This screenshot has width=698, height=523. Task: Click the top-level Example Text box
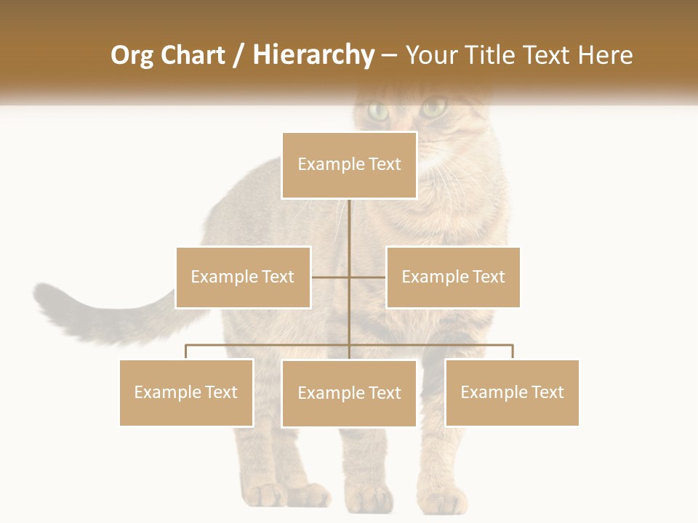pos(349,165)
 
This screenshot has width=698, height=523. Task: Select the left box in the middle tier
pos(243,277)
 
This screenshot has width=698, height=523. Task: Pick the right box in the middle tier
pos(453,277)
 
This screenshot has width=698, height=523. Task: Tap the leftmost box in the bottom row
pos(186,392)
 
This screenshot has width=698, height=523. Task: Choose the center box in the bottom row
pos(349,393)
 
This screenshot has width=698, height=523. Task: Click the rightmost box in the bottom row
pos(512,392)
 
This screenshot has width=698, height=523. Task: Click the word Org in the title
pos(130,55)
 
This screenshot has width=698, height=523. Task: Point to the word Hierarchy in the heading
pos(313,55)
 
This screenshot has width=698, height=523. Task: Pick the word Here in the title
pos(605,55)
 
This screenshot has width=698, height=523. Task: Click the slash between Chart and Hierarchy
pos(238,55)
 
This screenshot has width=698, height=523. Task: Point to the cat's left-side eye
pos(377,111)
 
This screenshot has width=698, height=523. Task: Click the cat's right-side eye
pos(433,109)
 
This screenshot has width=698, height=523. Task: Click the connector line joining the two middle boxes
pos(349,277)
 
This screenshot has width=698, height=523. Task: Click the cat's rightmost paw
pos(444,500)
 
